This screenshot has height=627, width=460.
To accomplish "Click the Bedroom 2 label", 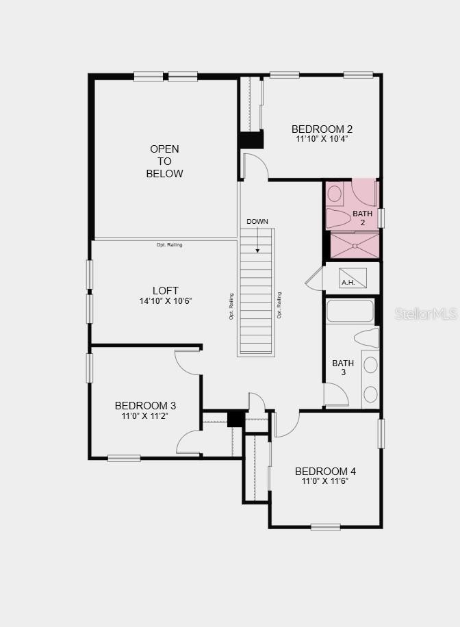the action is [322, 129].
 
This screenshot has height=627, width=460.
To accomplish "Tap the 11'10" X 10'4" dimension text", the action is [322, 139].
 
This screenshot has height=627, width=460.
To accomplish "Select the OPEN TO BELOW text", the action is [164, 161].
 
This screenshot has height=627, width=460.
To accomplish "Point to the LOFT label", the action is [166, 291].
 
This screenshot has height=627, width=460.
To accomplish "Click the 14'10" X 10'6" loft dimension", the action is [166, 300].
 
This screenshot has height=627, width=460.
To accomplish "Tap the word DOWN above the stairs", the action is [257, 222].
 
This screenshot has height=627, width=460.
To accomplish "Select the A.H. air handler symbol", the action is [353, 277].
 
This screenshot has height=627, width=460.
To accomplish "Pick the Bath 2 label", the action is [362, 218].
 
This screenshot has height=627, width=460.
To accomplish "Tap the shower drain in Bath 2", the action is [355, 246].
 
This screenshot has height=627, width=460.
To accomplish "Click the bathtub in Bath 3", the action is [350, 310].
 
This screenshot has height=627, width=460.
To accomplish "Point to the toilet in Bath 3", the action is [367, 337].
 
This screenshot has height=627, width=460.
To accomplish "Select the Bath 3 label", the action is [343, 368].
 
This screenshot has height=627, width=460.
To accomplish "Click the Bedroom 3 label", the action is [145, 405].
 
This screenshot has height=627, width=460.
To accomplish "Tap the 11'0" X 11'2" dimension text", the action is [145, 416].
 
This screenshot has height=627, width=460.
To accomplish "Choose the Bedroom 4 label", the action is [325, 471].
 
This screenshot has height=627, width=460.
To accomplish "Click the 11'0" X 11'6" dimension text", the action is [324, 481].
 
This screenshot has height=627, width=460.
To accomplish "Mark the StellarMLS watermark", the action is [426, 314].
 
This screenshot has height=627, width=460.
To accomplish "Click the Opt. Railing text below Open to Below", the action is [170, 245].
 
